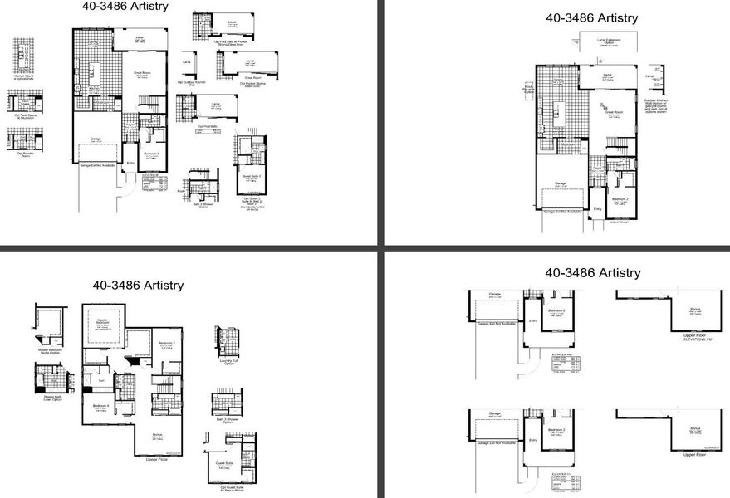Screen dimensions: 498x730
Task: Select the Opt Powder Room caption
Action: [x=24, y=154]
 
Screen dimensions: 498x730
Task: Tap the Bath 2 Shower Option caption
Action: [x=202, y=205]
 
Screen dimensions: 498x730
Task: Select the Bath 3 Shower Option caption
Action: [x=227, y=421]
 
